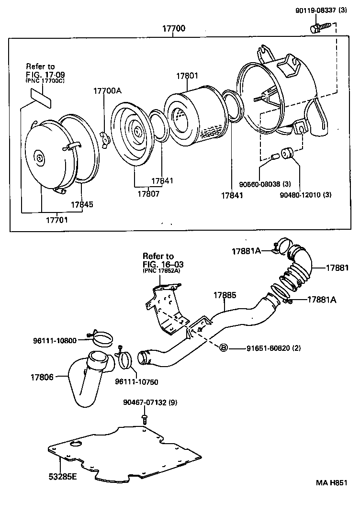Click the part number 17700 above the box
pyautogui.click(x=174, y=28)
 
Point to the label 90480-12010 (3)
pyautogui.click(x=305, y=195)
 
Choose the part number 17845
pyautogui.click(x=82, y=204)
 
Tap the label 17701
pyautogui.click(x=56, y=220)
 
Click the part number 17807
pyautogui.click(x=148, y=194)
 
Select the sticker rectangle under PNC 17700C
pyautogui.click(x=42, y=98)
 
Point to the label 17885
pyautogui.click(x=225, y=295)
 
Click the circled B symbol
pyautogui.click(x=223, y=347)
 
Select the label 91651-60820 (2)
pyautogui.click(x=274, y=348)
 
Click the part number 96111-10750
pyautogui.click(x=136, y=382)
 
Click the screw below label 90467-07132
pyautogui.click(x=144, y=419)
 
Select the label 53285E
pyautogui.click(x=63, y=477)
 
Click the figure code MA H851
pyautogui.click(x=331, y=482)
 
